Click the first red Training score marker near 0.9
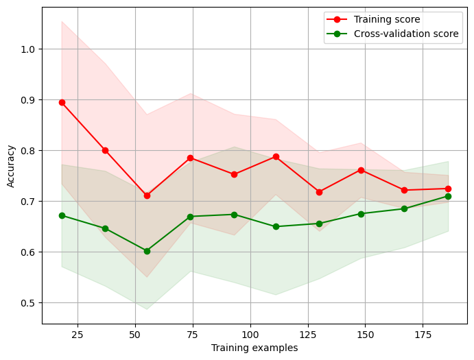click(62, 102)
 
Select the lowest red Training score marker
click(147, 195)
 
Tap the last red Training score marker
click(448, 189)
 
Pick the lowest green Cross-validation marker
click(147, 251)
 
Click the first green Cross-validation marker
click(62, 215)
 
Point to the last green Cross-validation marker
click(448, 196)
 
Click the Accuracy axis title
click(11, 165)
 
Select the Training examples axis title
click(254, 348)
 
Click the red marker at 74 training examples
click(190, 158)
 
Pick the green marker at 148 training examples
click(361, 213)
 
